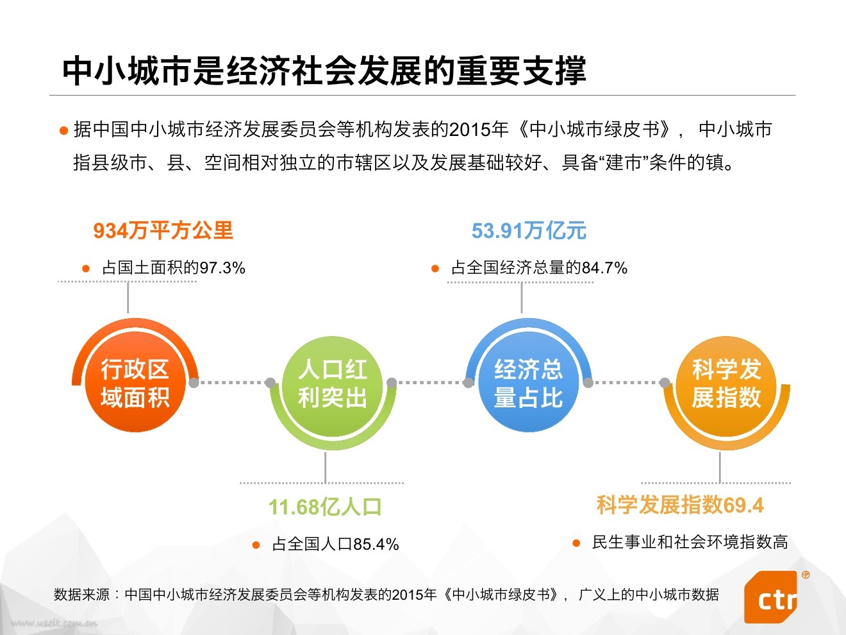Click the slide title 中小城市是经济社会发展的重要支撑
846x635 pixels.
[324, 71]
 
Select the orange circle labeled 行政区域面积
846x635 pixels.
[135, 384]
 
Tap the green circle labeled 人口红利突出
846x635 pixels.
[332, 384]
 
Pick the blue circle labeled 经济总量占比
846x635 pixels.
[528, 384]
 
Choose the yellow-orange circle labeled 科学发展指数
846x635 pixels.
[726, 384]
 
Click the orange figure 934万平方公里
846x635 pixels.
[163, 231]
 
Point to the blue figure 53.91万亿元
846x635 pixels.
[529, 231]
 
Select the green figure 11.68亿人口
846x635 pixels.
[325, 507]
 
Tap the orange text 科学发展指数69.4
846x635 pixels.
[680, 505]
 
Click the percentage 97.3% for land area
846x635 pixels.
[222, 268]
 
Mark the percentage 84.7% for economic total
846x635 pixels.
[604, 268]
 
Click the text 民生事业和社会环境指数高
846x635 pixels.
[690, 543]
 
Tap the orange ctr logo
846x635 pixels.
[772, 598]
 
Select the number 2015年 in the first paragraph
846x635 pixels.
[478, 130]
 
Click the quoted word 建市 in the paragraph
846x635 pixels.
[624, 163]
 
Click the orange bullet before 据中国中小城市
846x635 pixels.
[63, 131]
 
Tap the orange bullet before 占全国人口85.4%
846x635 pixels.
[256, 545]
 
